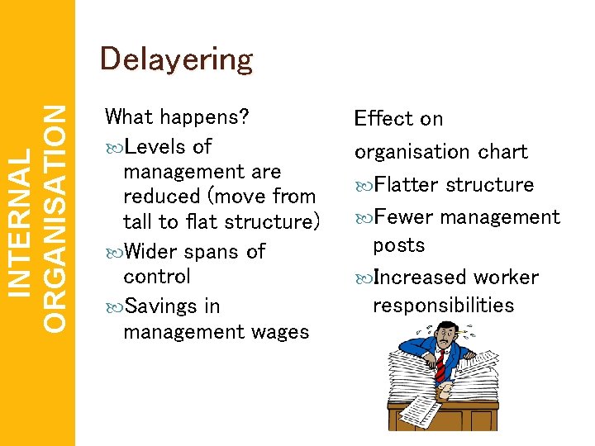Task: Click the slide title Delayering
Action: click(x=175, y=59)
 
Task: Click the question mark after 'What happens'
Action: click(x=245, y=117)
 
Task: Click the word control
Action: click(x=157, y=276)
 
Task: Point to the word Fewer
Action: click(x=404, y=217)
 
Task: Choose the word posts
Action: click(x=398, y=245)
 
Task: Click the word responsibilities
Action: click(x=443, y=306)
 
